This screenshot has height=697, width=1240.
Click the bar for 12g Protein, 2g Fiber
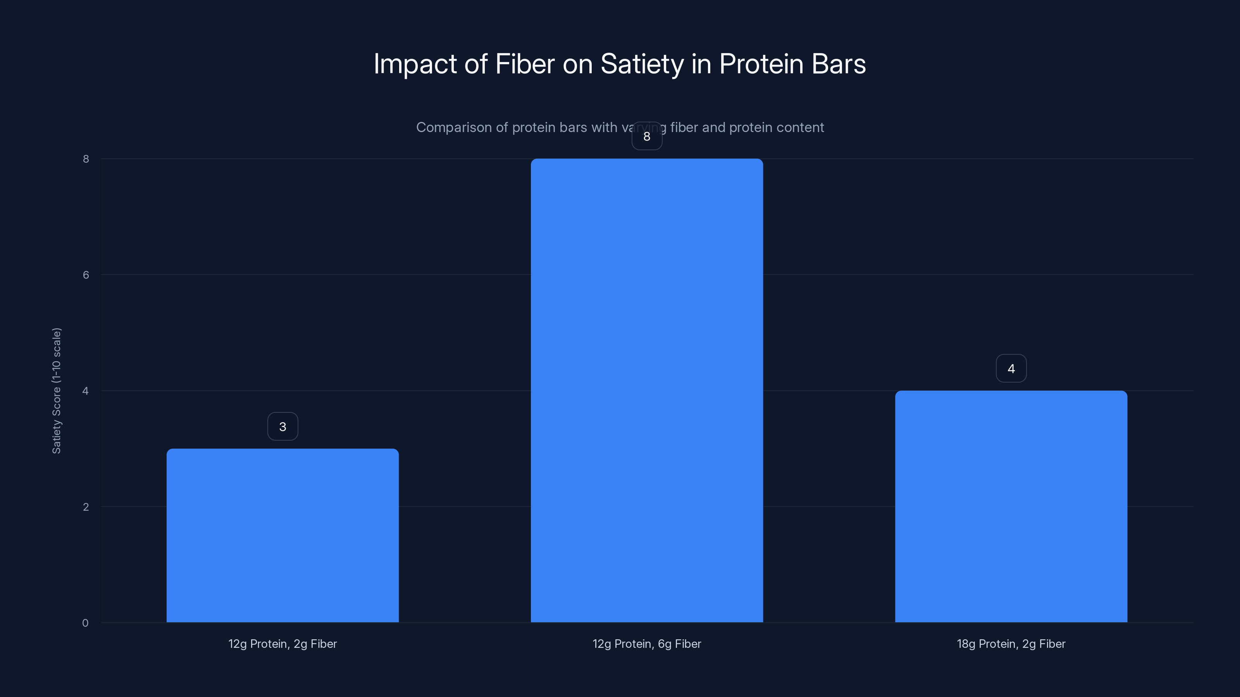[282, 536]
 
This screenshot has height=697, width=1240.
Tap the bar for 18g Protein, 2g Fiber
[1011, 506]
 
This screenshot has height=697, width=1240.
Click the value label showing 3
[282, 427]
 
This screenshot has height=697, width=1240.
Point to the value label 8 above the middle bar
[646, 137]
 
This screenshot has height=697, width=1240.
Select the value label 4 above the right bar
[1011, 369]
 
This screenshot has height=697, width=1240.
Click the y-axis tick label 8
[86, 159]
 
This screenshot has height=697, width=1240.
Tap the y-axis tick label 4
[86, 391]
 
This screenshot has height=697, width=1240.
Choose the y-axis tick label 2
[86, 507]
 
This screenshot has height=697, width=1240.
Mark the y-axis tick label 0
[85, 623]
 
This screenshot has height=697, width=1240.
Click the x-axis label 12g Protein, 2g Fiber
[282, 644]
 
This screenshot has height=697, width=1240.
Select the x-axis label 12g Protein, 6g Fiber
[646, 644]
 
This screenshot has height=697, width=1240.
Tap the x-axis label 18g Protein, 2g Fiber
[1011, 644]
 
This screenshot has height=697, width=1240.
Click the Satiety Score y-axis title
[56, 391]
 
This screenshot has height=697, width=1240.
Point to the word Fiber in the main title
[525, 64]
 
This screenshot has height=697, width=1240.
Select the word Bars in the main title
[839, 64]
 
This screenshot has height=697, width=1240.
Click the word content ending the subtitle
[801, 127]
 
